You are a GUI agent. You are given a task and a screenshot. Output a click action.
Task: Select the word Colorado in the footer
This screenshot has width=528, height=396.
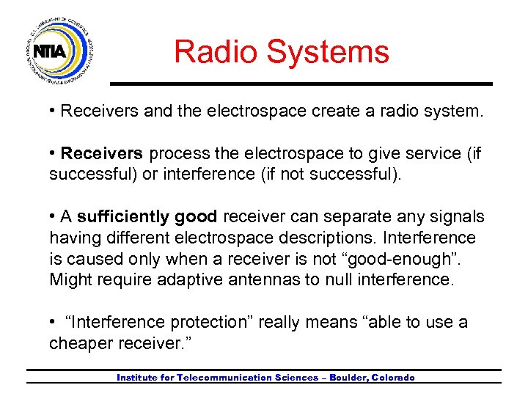(392, 378)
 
